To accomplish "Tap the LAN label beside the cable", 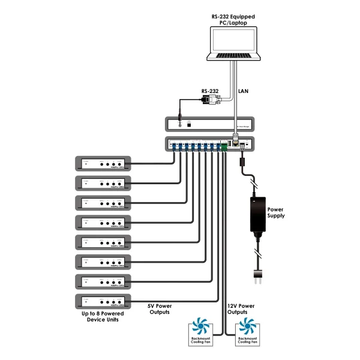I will point(244,92).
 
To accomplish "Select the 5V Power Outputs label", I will point(159,308).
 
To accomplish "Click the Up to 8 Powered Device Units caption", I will point(101,317).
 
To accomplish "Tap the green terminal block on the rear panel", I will point(224,145).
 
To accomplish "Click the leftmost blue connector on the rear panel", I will point(173,145).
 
